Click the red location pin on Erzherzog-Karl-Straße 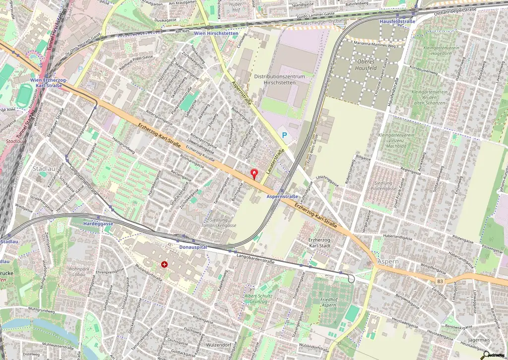255,174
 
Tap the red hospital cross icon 164,265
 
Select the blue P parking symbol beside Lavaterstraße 284,134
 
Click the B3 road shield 440,281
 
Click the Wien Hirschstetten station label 216,33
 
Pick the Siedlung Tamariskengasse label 216,222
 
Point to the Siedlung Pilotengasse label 384,186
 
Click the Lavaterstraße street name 275,160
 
